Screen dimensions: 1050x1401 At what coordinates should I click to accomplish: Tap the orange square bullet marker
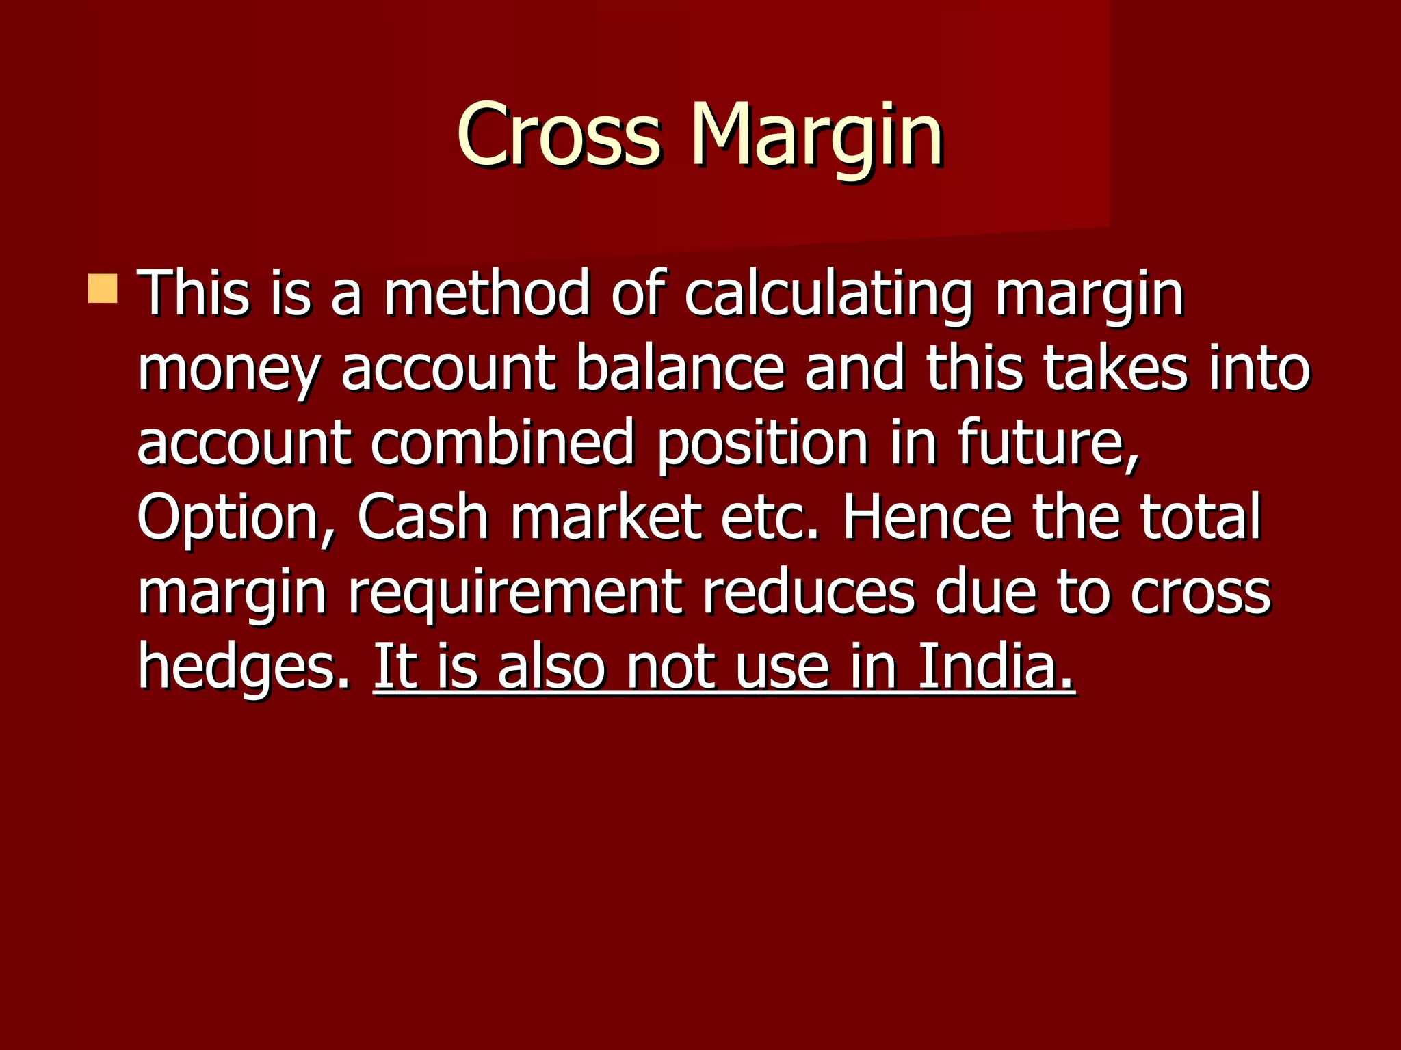point(103,288)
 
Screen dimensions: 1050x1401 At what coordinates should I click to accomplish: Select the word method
point(486,294)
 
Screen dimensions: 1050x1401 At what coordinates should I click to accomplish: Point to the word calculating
point(828,294)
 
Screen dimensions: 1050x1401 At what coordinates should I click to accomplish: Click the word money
point(228,369)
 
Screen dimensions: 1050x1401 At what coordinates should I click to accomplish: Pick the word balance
point(679,369)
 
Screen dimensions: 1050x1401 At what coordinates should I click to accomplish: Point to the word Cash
point(422,517)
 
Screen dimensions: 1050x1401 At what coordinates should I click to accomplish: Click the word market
point(606,517)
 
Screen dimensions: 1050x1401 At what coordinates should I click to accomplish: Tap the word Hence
point(926,517)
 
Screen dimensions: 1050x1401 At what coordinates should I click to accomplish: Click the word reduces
point(809,592)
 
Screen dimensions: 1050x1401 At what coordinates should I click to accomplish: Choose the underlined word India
point(995,666)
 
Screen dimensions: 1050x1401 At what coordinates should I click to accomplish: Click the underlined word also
point(551,666)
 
